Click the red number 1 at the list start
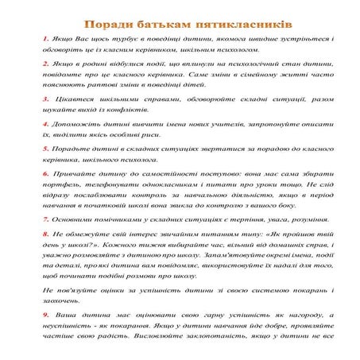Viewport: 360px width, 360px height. [45, 37]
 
